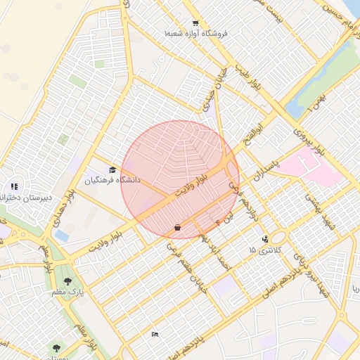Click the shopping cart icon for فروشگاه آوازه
195,23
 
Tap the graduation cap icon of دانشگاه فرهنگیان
112,169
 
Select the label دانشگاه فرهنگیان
112,181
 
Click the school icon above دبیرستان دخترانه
13,187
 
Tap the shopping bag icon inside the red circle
176,227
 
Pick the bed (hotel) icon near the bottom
155,334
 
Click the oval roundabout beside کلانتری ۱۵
278,238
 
